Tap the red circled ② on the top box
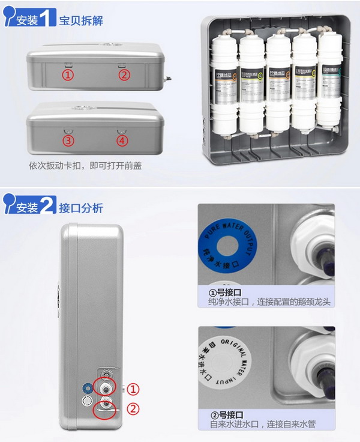click(x=124, y=75)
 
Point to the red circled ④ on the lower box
click(x=122, y=141)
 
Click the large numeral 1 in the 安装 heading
click(x=47, y=19)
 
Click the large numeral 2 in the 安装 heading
click(x=47, y=207)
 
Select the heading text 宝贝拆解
click(x=81, y=21)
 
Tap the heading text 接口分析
click(x=81, y=208)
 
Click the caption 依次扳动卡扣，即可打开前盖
click(x=86, y=165)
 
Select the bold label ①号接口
click(x=224, y=292)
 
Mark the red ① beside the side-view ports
click(x=134, y=389)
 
